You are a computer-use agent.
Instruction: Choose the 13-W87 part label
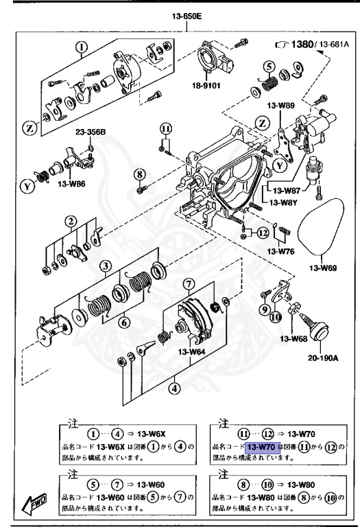(287, 191)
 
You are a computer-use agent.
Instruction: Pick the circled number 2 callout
(71, 221)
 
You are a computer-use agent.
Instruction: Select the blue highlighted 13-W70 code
(261, 447)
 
